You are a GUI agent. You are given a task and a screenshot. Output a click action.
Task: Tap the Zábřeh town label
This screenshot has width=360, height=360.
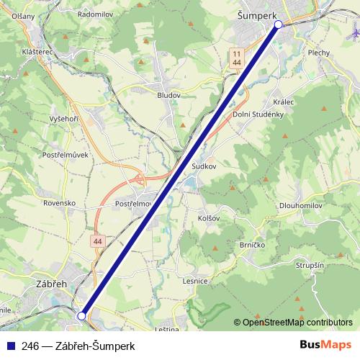click(51, 284)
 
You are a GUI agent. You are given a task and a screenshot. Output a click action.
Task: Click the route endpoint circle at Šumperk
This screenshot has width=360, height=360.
click(279, 24)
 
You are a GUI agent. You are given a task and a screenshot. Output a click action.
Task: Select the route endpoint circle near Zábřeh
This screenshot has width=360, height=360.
click(81, 315)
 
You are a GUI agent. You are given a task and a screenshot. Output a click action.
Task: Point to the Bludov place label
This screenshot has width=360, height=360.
click(169, 94)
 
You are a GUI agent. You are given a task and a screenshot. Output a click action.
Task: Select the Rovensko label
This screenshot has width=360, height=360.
click(59, 203)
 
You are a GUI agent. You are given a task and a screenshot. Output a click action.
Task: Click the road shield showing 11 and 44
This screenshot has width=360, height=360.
click(237, 58)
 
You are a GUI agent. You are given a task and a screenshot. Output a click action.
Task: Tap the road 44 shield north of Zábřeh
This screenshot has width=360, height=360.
click(96, 240)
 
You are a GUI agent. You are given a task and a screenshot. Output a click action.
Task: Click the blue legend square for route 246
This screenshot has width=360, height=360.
click(8, 345)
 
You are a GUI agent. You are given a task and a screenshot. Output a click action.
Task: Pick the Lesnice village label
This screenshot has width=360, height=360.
click(196, 282)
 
